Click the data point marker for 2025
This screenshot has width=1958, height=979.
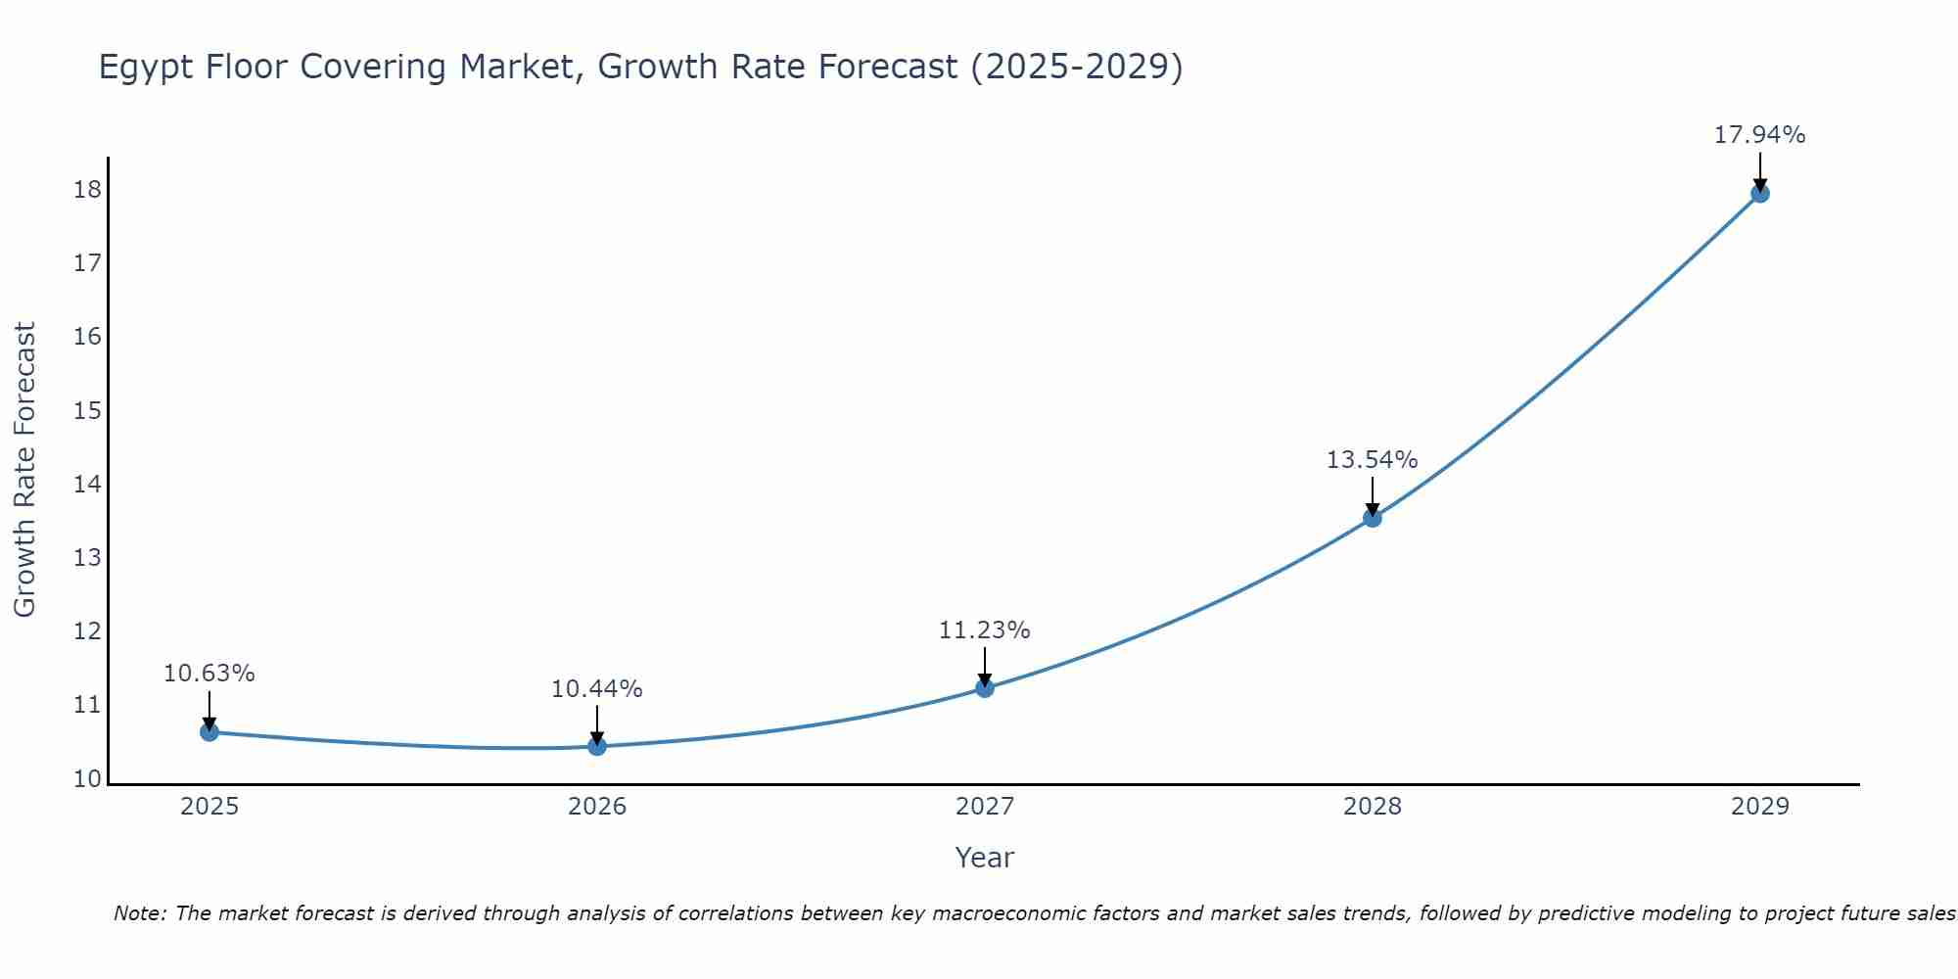(210, 732)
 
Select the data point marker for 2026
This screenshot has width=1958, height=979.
(597, 746)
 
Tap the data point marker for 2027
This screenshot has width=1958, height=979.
(985, 688)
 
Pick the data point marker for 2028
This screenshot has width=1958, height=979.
(1373, 518)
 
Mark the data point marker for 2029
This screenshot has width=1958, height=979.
(1759, 194)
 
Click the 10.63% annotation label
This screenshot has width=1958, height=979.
(209, 674)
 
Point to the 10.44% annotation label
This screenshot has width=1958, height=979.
(596, 689)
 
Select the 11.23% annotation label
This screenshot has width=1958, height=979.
(984, 630)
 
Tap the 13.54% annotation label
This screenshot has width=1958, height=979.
(1372, 460)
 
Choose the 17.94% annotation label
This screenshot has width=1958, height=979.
(1759, 135)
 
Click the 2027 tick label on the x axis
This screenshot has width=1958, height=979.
(985, 807)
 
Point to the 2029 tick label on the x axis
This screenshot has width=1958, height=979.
(1759, 807)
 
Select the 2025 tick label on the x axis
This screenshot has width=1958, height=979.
(210, 807)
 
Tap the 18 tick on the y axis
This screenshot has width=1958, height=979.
(87, 190)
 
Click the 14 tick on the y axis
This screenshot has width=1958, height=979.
(87, 485)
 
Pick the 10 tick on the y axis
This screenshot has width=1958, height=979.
(87, 779)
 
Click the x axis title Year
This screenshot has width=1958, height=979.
(984, 858)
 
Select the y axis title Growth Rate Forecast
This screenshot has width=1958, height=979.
(24, 470)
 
